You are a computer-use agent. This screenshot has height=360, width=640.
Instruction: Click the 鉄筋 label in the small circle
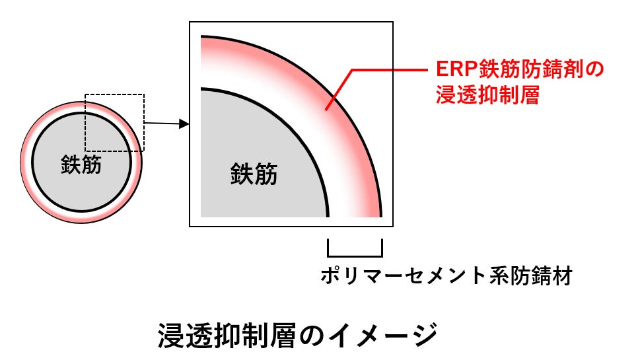coord(81,164)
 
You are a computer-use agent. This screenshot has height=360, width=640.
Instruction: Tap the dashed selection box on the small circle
coord(114,96)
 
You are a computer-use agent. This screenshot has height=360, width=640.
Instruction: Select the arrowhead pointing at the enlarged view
coord(184,124)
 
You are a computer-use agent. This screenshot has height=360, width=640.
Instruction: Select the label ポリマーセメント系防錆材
coord(446,275)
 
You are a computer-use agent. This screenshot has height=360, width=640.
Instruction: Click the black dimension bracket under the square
coord(355,252)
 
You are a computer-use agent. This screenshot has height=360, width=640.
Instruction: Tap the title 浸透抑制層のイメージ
coord(298,336)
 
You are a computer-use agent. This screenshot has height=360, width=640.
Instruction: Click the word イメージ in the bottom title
coord(383,336)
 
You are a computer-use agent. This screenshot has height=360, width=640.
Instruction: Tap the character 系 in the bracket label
coord(501,275)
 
